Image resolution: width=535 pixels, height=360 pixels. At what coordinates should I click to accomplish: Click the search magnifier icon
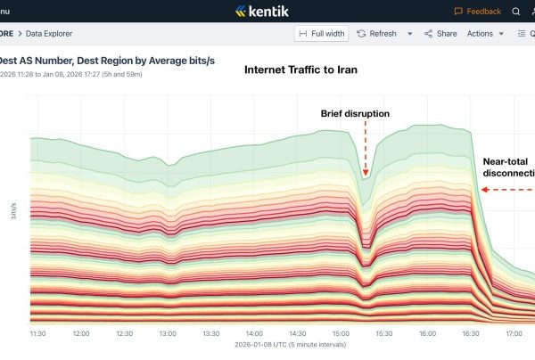pos(516,12)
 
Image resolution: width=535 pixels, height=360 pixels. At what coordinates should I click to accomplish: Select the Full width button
pos(320,34)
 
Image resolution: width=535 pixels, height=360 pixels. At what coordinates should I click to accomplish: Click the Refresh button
pos(376,34)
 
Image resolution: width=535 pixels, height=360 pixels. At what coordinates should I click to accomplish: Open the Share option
pos(440,34)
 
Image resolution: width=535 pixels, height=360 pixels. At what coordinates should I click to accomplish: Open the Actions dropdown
pos(485,34)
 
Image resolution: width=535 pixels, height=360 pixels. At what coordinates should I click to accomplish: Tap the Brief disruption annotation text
pos(355,113)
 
